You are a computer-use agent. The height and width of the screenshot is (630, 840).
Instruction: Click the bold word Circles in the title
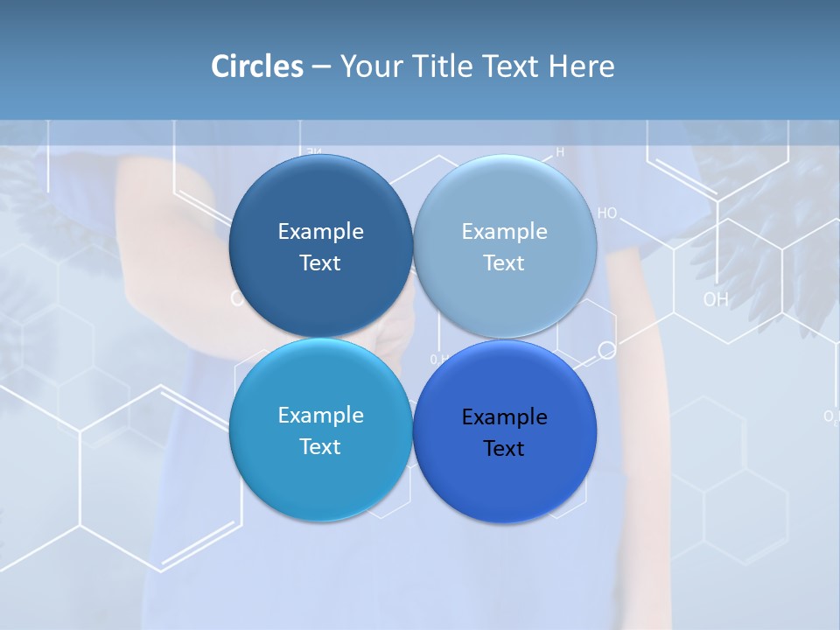[257, 66]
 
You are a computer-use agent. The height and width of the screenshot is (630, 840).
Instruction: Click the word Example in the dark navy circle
[320, 232]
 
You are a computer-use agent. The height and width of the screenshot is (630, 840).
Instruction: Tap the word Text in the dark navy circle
[320, 262]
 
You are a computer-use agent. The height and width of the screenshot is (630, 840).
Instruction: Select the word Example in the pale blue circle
[504, 232]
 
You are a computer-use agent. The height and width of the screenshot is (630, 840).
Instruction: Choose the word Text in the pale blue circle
[504, 262]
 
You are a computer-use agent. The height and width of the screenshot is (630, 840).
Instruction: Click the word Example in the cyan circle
[320, 416]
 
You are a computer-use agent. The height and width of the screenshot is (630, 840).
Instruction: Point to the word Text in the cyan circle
[320, 446]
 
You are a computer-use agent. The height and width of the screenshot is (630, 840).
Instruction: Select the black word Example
[504, 417]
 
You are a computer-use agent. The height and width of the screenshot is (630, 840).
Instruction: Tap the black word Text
[504, 448]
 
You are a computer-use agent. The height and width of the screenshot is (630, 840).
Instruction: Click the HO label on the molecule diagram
[607, 213]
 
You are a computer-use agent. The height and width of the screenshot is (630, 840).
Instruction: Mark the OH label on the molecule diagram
[716, 299]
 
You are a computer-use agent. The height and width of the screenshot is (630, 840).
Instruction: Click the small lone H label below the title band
[560, 151]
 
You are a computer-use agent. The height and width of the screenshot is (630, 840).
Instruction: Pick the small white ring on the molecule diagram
[607, 350]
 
